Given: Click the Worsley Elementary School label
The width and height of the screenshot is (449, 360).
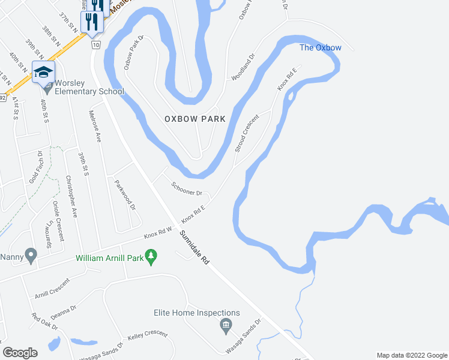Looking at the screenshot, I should tap(89, 87).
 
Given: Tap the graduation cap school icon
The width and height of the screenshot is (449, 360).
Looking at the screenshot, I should tap(44, 72).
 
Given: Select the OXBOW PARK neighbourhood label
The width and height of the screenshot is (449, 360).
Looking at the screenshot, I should tap(195, 119).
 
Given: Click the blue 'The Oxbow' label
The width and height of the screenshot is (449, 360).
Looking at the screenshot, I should tap(321, 48).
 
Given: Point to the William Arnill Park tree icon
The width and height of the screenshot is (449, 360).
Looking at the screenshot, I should tap(151, 257).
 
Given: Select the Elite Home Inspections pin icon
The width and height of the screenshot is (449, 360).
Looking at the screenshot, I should tap(226, 327).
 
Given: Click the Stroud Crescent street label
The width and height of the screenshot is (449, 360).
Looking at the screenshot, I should tap(247, 133).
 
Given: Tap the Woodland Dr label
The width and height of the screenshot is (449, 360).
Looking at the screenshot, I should tap(244, 67).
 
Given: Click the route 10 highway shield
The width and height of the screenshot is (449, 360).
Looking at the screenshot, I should tap(95, 45).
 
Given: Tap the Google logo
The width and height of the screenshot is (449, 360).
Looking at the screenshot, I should tap(20, 353).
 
